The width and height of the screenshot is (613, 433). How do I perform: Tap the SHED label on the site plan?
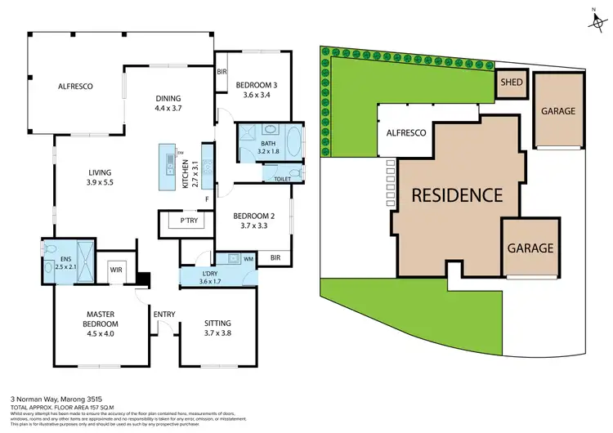[x=512, y=83]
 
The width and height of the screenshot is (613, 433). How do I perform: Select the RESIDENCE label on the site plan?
[x=455, y=195]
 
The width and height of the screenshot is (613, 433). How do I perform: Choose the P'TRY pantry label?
[x=179, y=221]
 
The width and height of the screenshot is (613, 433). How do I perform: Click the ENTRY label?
[x=164, y=313]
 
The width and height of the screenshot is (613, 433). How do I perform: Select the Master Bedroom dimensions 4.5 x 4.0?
[x=102, y=333]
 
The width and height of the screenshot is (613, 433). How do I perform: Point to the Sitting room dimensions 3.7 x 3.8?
[x=217, y=333]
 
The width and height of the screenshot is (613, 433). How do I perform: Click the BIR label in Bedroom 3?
[x=221, y=72]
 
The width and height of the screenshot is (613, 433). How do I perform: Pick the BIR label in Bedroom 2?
[x=276, y=257]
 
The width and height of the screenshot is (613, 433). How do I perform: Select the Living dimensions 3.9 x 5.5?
[x=102, y=183]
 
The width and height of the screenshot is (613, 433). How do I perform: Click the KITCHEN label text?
[x=186, y=174]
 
